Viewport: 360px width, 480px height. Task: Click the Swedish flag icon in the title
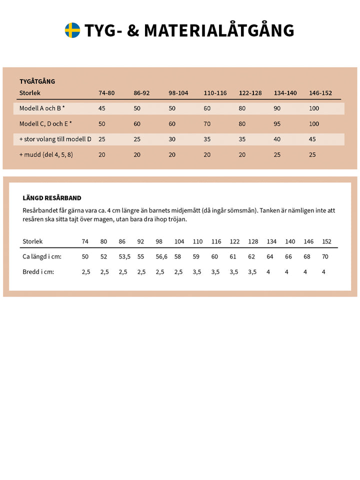[72, 30]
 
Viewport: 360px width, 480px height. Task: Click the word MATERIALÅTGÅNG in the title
[219, 30]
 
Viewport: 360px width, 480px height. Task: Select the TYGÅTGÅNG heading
[37, 81]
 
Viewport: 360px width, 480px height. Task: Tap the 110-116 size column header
[215, 93]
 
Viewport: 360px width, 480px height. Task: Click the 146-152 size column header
[320, 93]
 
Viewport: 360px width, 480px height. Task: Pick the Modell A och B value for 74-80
[102, 108]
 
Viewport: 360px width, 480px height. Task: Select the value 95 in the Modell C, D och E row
[277, 123]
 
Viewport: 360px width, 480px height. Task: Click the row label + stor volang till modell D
[55, 139]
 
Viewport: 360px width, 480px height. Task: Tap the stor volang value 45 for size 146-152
[312, 139]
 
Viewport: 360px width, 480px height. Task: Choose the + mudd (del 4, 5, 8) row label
[46, 154]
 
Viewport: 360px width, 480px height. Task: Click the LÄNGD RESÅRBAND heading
[52, 198]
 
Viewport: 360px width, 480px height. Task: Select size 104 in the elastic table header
[179, 241]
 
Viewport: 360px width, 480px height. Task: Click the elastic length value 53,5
[124, 256]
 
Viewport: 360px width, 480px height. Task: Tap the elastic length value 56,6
[161, 256]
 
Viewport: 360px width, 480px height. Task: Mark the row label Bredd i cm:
[38, 272]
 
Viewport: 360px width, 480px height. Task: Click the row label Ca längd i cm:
[41, 256]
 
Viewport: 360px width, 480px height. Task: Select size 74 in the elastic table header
[85, 241]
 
